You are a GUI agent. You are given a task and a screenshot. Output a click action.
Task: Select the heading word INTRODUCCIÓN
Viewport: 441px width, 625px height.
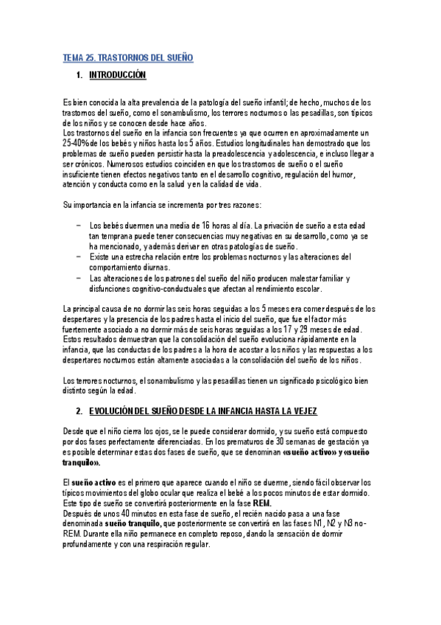pos(118,75)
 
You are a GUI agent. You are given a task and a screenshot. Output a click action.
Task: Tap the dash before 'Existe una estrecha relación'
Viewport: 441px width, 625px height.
pos(78,256)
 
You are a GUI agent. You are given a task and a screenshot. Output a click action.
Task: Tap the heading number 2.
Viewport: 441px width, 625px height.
pos(79,410)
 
